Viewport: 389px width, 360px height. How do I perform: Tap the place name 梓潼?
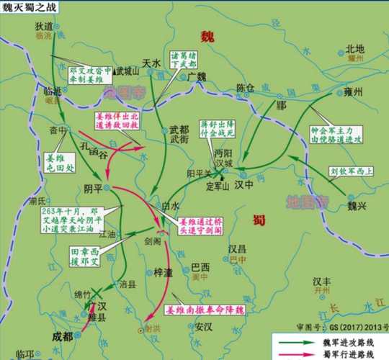pos(164,273)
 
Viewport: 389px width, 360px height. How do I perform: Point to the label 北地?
pos(356,49)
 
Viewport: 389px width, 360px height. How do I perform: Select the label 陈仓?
pos(245,88)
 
